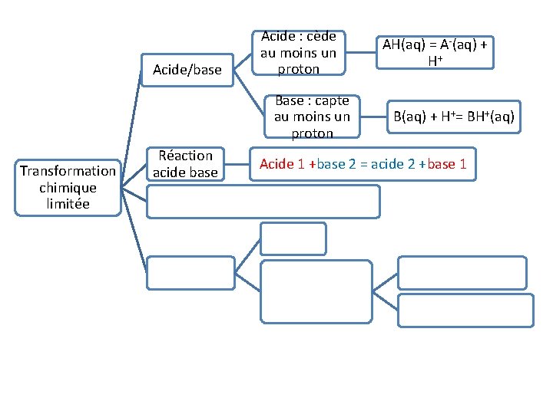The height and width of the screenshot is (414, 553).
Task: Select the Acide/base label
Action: pos(187,70)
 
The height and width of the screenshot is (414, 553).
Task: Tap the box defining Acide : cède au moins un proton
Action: pos(299,53)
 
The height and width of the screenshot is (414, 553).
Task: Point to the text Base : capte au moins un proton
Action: pos(312,117)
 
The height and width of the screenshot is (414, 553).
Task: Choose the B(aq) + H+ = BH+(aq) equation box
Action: pos(454,117)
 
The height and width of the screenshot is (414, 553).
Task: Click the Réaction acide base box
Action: pos(185,164)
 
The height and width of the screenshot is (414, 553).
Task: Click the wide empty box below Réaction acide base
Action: pos(263,202)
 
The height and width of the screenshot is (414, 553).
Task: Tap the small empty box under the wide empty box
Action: pos(293,238)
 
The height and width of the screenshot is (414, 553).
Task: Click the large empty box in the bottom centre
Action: pos(316,291)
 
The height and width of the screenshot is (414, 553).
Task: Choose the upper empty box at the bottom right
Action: pos(462,273)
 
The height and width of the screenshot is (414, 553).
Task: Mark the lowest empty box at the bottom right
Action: pos(465,310)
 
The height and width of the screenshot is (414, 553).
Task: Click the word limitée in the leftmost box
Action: pos(68,204)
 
